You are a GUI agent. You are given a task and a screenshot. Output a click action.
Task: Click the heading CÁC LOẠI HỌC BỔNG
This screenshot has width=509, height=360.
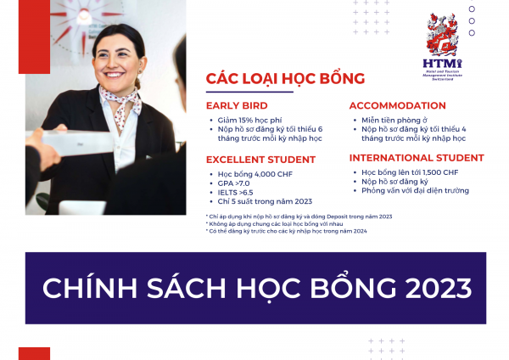[285, 79]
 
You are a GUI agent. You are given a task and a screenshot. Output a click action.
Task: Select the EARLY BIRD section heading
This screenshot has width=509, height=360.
[237, 106]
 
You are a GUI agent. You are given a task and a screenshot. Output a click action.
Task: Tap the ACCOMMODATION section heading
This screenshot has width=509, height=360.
[397, 106]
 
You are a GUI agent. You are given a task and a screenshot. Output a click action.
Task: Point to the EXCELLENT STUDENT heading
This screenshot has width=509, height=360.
[260, 159]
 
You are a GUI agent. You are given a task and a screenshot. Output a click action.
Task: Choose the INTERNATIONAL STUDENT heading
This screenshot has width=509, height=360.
[417, 158]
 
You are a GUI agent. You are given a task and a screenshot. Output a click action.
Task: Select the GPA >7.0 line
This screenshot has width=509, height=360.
[234, 183]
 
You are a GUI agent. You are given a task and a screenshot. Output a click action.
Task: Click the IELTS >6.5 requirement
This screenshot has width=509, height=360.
[237, 192]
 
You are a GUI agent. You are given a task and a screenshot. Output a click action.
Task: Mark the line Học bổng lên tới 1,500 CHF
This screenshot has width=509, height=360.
[408, 172]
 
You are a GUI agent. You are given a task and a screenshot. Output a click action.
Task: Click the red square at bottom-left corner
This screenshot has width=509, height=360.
[34, 353]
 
